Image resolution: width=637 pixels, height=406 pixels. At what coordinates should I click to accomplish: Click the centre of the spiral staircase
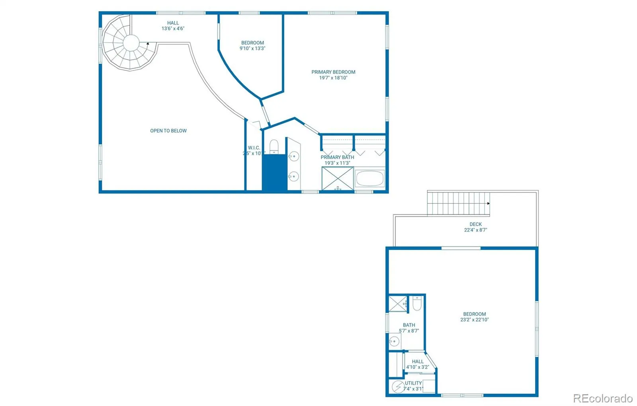click(x=131, y=43)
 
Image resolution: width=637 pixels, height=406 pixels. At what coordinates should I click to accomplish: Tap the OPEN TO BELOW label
click(x=168, y=131)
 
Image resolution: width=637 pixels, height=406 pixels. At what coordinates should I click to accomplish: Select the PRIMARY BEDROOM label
click(x=333, y=72)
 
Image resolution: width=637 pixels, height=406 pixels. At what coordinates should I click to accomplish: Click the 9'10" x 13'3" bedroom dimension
click(x=252, y=49)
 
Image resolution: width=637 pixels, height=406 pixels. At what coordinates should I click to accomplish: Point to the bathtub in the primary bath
click(x=370, y=179)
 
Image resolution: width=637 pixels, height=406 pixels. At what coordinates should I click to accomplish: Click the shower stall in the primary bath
click(x=338, y=179)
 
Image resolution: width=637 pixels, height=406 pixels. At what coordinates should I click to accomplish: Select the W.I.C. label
click(x=254, y=148)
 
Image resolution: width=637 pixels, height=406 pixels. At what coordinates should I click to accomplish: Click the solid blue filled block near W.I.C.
click(x=274, y=172)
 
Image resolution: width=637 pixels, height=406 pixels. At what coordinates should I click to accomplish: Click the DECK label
click(x=475, y=224)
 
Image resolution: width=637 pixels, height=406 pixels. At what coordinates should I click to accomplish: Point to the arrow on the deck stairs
click(x=488, y=203)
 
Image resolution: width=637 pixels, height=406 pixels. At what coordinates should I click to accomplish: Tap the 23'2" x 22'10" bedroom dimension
click(x=474, y=320)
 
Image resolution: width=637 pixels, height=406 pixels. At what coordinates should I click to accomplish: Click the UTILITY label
click(x=413, y=383)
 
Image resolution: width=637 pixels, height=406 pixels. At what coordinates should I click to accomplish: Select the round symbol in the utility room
click(x=398, y=386)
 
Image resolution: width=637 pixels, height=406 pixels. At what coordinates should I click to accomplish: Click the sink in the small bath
click(x=394, y=341)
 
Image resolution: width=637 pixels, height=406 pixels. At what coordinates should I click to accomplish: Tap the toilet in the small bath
click(x=416, y=304)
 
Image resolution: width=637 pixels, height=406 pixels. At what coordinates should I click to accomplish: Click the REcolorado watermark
click(x=602, y=398)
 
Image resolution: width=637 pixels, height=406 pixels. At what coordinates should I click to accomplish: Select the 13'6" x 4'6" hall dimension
click(x=173, y=29)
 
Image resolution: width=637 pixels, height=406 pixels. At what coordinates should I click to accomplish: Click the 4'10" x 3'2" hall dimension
click(x=418, y=367)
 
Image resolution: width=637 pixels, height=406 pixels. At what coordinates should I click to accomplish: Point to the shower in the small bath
click(x=398, y=304)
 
